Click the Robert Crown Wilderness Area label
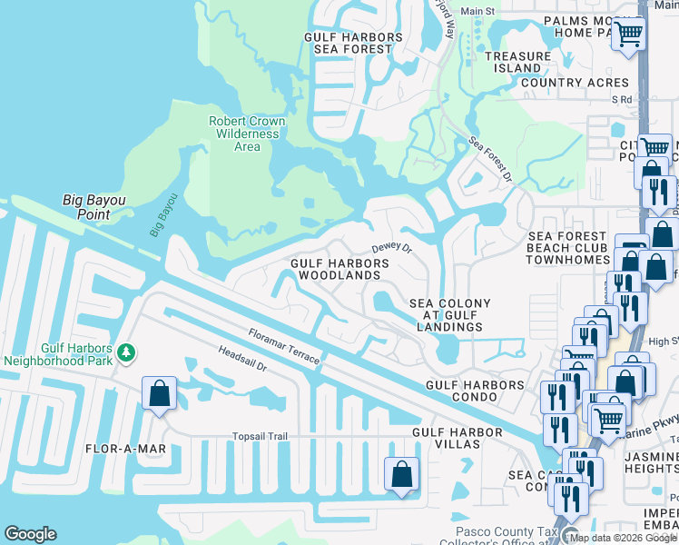coord(247,134)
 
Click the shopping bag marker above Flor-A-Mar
coord(159,394)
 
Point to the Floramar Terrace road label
coord(280,347)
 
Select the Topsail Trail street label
coord(260,437)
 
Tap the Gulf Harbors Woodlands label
coord(339,269)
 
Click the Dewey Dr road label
coord(392,247)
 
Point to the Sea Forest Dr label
coord(491,158)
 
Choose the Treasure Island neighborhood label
coord(517,62)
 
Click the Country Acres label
coord(576,83)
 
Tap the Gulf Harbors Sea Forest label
coord(353,44)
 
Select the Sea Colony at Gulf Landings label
coord(450,315)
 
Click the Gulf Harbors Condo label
coord(476,385)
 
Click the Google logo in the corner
coord(30,534)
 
